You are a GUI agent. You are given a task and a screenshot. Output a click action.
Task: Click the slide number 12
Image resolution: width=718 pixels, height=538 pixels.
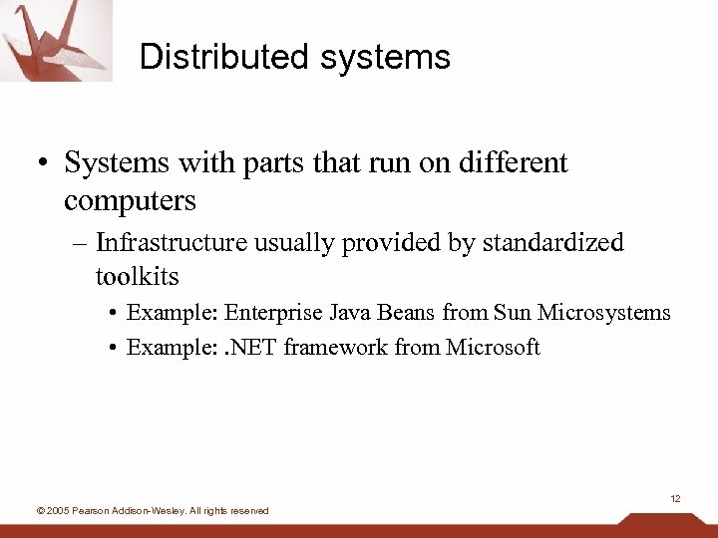click(675, 498)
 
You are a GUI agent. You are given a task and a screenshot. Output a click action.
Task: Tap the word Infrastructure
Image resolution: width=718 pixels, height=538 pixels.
click(175, 242)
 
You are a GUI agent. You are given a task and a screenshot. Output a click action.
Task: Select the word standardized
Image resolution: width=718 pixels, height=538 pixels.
click(552, 242)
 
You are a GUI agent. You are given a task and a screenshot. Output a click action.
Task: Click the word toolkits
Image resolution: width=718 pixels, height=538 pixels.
click(137, 275)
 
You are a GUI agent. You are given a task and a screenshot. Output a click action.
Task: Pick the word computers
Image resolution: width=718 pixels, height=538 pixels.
click(130, 200)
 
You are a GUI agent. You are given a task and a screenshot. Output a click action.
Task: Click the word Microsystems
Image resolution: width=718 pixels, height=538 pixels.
click(604, 313)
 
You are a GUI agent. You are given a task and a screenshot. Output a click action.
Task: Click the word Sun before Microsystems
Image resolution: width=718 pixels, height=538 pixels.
click(513, 313)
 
